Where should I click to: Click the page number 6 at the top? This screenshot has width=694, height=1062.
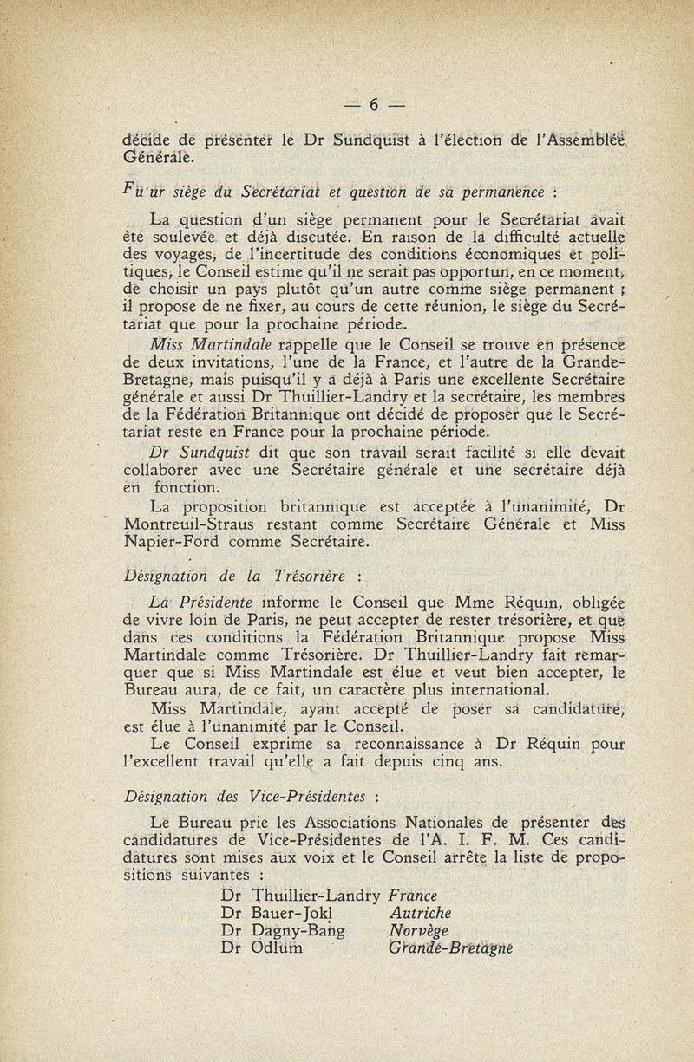373,105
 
